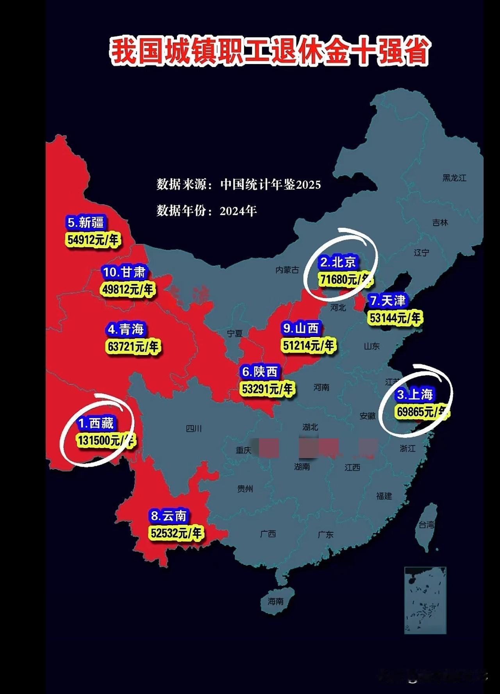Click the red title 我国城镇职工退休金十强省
[x=269, y=51]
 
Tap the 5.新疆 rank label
[x=86, y=223]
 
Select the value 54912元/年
[x=93, y=239]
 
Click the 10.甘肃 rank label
[x=124, y=272]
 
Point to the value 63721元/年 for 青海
[x=133, y=346]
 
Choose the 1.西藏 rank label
[x=96, y=423]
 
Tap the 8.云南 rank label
[x=169, y=516]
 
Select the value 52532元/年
[x=176, y=533]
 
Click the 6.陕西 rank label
[x=260, y=371]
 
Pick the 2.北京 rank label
[x=338, y=262]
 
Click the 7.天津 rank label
[x=388, y=301]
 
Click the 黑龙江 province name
[x=454, y=178]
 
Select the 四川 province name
[x=194, y=429]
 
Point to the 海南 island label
[x=275, y=601]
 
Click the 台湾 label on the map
[x=427, y=525]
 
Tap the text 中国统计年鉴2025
[x=270, y=184]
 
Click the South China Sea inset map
[x=425, y=600]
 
